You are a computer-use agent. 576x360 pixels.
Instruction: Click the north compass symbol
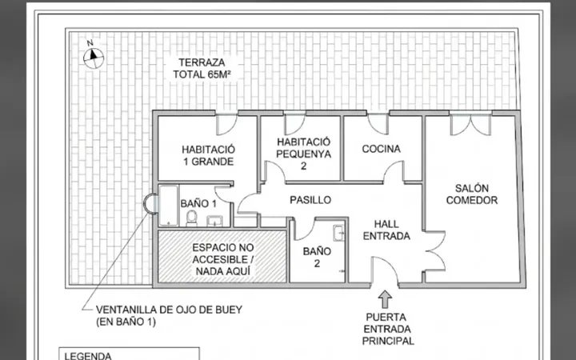94,58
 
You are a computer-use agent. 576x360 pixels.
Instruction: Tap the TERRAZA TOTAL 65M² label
202,68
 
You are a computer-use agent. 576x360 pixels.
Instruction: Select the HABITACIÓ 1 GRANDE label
208,155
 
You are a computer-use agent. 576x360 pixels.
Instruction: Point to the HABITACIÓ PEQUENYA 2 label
303,154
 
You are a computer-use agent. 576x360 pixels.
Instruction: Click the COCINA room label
381,149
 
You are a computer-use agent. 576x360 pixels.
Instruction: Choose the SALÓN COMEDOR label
472,194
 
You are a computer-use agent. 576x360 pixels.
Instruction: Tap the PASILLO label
310,200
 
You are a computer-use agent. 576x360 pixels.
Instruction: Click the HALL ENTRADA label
386,230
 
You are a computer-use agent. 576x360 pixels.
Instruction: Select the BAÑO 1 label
198,203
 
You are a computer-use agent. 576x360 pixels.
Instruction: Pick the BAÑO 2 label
317,257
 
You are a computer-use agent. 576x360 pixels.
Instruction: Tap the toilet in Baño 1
191,218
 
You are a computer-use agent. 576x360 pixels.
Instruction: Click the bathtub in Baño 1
169,206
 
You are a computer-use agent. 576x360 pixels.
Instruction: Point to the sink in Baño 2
338,233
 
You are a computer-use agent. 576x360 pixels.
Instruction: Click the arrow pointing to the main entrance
385,299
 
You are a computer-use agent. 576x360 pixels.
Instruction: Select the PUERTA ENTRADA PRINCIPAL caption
388,329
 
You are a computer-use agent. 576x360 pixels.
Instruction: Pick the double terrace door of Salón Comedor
470,125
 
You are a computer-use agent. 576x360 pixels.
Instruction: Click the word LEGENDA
88,355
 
